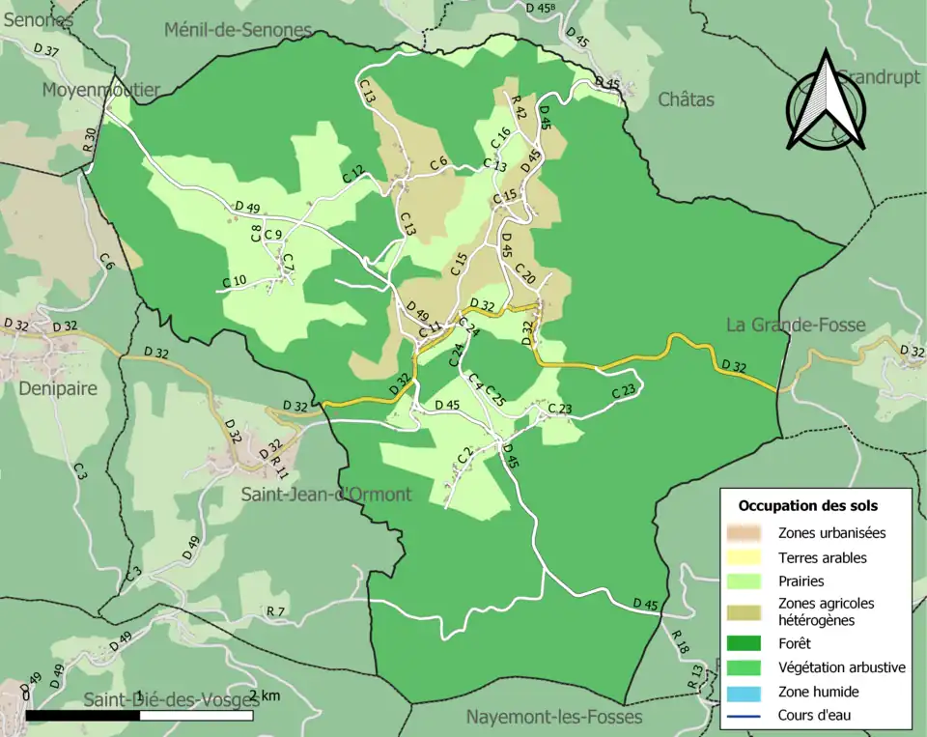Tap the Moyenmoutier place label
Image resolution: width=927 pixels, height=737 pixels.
click(100, 90)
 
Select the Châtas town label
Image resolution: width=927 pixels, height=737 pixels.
click(686, 99)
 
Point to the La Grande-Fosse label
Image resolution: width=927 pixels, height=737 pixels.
click(796, 325)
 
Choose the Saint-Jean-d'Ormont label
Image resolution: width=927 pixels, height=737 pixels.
click(326, 495)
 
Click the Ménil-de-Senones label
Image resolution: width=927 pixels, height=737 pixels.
click(238, 30)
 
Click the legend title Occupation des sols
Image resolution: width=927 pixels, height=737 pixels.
click(808, 505)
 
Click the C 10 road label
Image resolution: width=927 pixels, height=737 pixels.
click(235, 282)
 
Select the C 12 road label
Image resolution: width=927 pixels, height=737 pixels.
click(355, 175)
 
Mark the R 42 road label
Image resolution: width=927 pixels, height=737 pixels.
click(519, 106)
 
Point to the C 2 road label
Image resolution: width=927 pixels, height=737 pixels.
click(463, 454)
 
